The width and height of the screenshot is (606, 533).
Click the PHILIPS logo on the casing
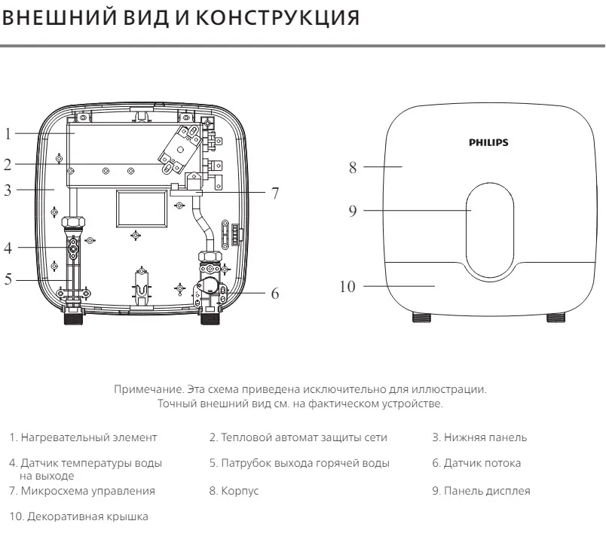click(x=488, y=142)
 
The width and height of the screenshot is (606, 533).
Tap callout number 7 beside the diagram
click(x=276, y=193)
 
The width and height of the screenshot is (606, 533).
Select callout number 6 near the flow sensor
click(x=275, y=294)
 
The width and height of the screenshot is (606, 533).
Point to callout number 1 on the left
click(x=8, y=135)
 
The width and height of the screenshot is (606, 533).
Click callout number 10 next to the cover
click(x=347, y=286)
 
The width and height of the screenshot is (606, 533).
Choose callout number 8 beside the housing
click(x=353, y=167)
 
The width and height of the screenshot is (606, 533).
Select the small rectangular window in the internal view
click(x=141, y=208)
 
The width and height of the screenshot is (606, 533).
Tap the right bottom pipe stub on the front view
click(x=556, y=318)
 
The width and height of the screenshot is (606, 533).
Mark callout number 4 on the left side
click(x=8, y=247)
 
